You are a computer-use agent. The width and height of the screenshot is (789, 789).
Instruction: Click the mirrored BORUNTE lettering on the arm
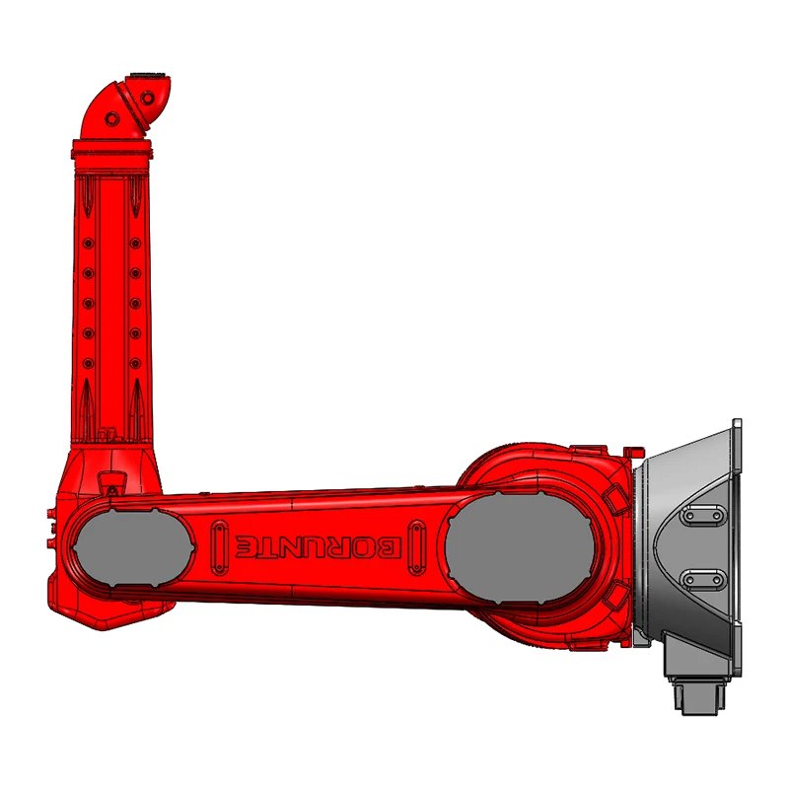coord(320,544)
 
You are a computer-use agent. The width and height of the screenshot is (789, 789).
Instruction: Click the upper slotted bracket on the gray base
coord(701,517)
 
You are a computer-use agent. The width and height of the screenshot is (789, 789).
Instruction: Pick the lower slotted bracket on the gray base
coord(701,578)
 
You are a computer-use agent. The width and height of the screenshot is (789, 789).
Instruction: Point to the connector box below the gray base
coord(698,689)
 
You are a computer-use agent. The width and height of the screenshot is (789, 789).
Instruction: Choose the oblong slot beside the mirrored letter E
coord(218,544)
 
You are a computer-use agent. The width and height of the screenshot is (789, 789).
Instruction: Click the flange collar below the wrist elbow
coord(112,151)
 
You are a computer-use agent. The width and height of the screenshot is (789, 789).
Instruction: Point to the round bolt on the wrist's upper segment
coord(148,98)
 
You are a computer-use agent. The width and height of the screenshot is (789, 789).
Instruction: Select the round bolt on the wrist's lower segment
coord(112,119)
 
